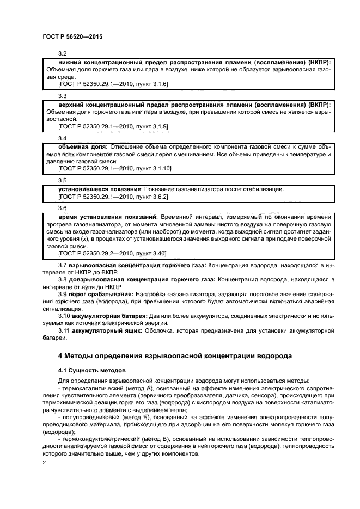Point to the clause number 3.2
point(62,54)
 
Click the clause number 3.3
point(62,95)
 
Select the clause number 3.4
point(62,138)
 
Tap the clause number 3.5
point(62,180)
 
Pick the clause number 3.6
point(62,208)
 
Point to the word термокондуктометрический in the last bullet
point(101,438)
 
